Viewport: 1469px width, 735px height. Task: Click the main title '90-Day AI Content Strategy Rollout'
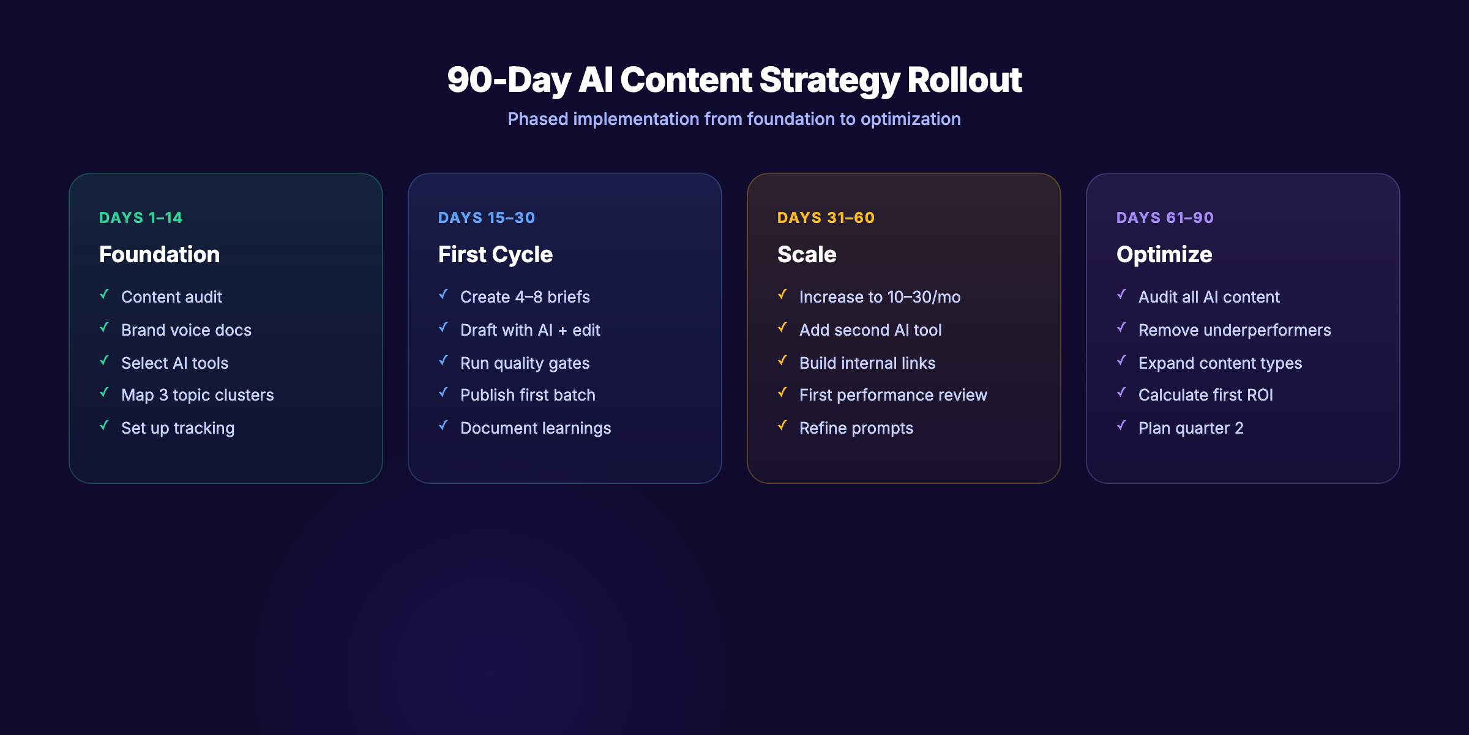point(734,80)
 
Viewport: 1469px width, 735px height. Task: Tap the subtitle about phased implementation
point(734,119)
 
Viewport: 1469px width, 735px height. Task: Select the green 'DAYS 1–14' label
point(141,218)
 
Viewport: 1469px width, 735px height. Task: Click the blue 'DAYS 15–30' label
point(487,218)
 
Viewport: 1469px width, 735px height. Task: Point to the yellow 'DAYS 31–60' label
point(826,218)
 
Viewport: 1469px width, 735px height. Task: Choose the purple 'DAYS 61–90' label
point(1165,218)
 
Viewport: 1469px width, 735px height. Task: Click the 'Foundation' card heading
point(159,254)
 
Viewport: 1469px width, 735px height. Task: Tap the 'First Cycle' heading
point(495,254)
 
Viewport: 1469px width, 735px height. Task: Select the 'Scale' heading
point(807,254)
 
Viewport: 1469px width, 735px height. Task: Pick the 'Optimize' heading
point(1164,254)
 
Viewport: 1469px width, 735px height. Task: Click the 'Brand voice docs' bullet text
point(186,330)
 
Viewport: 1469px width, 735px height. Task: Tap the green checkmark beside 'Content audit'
point(105,295)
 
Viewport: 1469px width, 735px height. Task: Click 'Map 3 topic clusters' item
point(197,395)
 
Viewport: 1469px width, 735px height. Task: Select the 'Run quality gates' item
point(525,363)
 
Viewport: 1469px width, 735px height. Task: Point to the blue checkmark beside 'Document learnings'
point(444,425)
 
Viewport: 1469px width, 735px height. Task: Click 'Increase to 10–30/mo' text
point(880,297)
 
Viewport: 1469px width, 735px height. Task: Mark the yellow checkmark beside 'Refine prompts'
point(783,425)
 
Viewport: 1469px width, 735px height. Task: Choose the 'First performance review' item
point(893,395)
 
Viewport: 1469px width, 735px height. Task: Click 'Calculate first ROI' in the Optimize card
point(1205,395)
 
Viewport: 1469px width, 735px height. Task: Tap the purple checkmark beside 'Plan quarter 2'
point(1122,425)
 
